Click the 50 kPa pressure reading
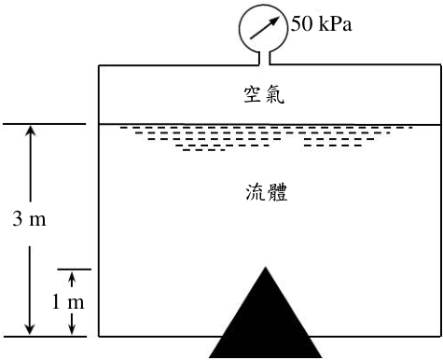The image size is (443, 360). (x=322, y=23)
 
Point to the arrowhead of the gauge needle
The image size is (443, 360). (x=274, y=21)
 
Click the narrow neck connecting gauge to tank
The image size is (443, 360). (x=264, y=58)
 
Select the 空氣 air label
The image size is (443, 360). (x=264, y=95)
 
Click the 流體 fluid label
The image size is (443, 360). (x=267, y=192)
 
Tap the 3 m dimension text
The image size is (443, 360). (x=29, y=218)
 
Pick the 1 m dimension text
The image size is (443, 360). (x=68, y=301)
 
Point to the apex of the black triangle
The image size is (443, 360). (x=266, y=267)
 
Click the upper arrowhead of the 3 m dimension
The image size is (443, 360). (x=30, y=131)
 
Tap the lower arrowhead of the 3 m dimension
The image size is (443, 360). (x=30, y=328)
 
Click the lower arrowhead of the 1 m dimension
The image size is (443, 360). (x=72, y=329)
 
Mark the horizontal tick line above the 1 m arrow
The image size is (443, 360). (x=75, y=270)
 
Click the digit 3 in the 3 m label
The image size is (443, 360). (x=18, y=218)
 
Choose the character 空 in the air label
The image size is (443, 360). (x=253, y=95)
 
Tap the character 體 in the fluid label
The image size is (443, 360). (x=278, y=192)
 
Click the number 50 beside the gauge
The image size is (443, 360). (x=301, y=23)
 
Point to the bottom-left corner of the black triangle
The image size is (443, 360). (x=209, y=357)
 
